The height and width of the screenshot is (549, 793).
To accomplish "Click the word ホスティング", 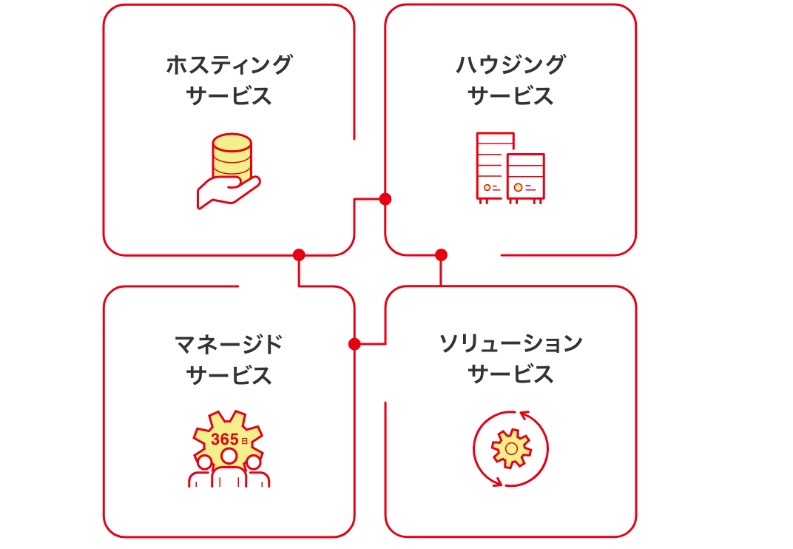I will (x=229, y=64).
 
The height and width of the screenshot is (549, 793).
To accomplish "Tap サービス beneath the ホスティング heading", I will (x=229, y=96).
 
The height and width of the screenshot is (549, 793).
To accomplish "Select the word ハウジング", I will (x=510, y=64).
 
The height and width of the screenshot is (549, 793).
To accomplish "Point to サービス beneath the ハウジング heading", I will (x=510, y=96).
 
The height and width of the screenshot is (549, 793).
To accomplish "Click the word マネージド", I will (x=229, y=344).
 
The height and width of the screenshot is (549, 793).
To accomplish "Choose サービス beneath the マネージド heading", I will (x=229, y=376).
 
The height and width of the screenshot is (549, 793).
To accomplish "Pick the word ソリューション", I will (x=510, y=343).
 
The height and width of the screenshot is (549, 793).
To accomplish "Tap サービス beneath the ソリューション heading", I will (x=510, y=374).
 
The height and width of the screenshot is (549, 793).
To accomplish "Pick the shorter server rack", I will (x=526, y=177).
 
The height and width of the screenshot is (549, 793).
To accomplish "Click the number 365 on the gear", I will (x=224, y=439).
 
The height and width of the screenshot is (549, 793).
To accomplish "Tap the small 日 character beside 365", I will (x=244, y=442).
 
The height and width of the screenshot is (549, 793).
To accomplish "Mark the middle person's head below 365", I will (x=229, y=456).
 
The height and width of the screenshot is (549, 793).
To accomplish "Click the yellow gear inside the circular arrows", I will (x=511, y=448).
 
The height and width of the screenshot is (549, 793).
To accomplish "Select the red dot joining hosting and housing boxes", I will (x=385, y=199).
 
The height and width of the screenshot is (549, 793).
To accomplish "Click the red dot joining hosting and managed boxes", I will (x=299, y=255).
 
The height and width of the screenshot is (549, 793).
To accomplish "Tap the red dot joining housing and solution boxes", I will (x=441, y=255).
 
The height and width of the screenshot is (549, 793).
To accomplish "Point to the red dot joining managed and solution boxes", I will (x=354, y=344).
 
